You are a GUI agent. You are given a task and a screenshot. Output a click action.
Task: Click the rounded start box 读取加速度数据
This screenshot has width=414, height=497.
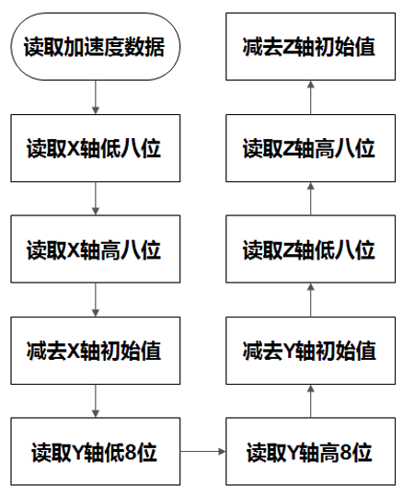95,47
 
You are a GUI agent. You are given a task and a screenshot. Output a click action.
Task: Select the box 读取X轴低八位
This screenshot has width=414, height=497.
95,148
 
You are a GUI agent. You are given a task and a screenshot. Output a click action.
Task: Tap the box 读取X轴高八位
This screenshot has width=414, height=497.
95,249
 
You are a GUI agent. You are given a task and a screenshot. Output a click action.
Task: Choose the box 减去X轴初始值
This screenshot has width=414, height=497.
95,351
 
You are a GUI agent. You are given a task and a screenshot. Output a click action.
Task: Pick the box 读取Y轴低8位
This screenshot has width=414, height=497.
95,452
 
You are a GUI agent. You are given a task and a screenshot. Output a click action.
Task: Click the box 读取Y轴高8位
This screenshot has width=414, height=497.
309,452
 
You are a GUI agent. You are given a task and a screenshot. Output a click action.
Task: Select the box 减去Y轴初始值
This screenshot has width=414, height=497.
309,351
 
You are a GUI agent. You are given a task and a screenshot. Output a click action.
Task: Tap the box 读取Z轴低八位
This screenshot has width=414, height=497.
309,249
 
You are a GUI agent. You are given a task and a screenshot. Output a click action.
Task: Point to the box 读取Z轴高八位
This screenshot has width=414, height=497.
309,148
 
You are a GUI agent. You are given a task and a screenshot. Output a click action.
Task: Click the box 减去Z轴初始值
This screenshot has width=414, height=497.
309,47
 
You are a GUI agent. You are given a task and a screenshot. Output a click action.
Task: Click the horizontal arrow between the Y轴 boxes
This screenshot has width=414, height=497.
202,452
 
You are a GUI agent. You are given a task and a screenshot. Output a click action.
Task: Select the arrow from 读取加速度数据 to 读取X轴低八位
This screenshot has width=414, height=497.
95,98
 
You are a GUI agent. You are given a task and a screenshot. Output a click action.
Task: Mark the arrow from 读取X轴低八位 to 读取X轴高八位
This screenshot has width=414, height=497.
95,199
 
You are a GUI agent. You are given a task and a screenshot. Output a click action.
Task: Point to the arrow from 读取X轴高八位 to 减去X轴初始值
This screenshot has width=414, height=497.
95,300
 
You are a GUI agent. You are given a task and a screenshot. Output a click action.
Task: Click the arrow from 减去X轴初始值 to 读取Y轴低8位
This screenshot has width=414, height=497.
95,401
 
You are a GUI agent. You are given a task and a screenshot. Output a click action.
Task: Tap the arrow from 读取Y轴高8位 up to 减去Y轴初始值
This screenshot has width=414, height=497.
309,401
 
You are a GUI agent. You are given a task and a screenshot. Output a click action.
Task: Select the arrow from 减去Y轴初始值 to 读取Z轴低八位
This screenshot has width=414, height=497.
309,300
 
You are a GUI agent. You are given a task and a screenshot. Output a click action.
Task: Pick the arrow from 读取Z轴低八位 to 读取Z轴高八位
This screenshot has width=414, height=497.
309,199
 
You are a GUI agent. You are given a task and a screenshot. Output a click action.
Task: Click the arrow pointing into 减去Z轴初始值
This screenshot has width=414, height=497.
309,98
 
